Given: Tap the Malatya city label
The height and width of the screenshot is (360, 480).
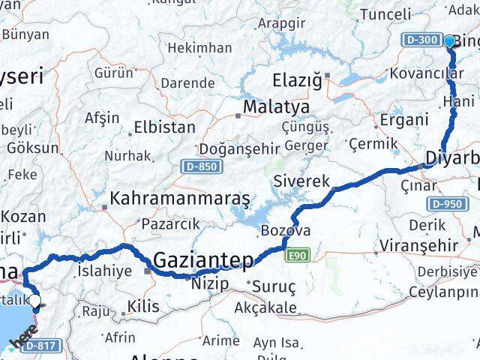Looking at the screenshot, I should [271, 107].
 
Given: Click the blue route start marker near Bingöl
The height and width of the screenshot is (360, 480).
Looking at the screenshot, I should [450, 42].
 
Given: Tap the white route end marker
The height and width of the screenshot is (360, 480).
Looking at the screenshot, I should [34, 304].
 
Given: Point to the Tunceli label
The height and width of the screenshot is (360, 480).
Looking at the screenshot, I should [386, 13].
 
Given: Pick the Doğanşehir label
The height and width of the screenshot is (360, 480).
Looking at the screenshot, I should [231, 149].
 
